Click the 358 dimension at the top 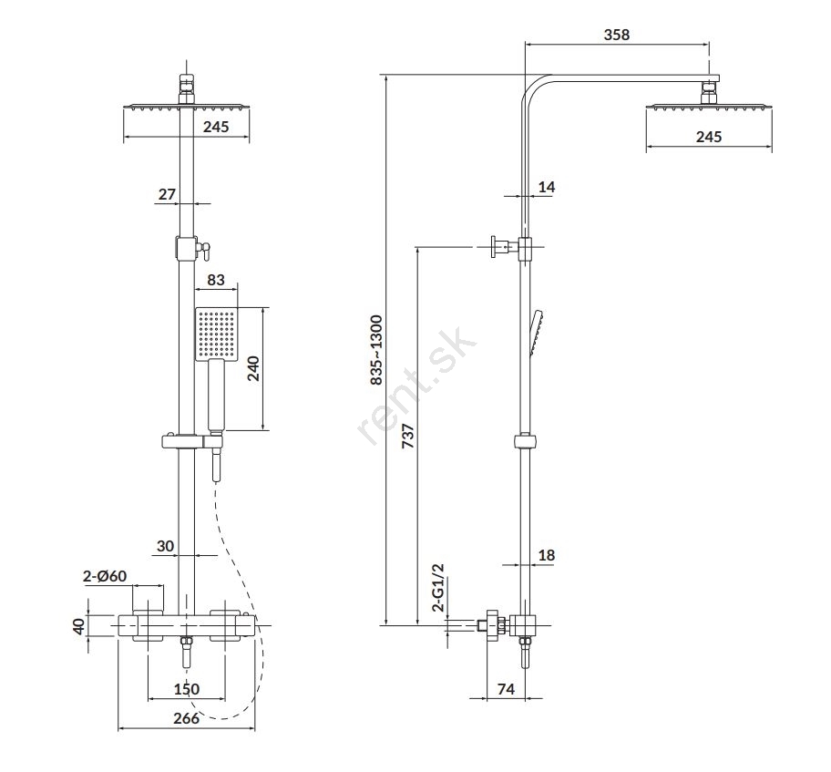coord(617,36)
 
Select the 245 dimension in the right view coord(708,137)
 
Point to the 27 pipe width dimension coord(167,193)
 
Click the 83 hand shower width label coord(217,280)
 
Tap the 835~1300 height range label coord(375,351)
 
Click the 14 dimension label coord(547,187)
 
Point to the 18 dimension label coord(547,554)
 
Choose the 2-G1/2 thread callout coord(437,587)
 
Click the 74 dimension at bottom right coord(507,690)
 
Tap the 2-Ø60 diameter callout coord(105,576)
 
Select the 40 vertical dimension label coord(78,627)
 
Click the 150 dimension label coord(187,690)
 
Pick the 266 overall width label coord(186,718)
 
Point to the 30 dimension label coord(165,546)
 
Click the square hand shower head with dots coord(216,335)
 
